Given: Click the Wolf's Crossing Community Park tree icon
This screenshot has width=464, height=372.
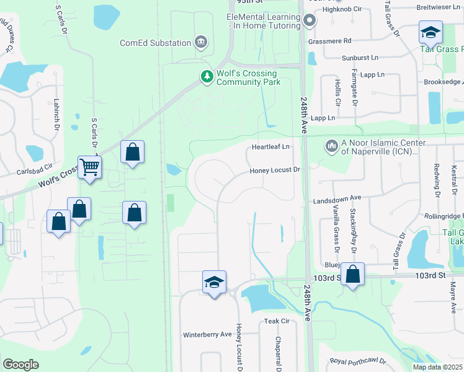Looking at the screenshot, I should pos(207,76).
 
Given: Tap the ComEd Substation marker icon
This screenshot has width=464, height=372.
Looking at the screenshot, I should pos(201,42).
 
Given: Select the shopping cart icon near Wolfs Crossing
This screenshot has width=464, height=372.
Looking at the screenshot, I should pos(90,167).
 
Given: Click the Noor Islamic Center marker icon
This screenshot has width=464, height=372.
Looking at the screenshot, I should pos(331,146).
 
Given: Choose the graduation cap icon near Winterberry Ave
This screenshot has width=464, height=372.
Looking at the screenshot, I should pos(214,283).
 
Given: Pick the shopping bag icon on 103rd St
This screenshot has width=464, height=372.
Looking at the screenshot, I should pos(352,274).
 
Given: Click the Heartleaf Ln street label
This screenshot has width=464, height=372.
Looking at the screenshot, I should pos(270,147).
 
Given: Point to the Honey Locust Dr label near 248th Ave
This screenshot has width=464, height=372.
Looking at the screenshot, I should pos(275,170).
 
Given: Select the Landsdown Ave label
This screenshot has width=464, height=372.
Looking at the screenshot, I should pos(337,197).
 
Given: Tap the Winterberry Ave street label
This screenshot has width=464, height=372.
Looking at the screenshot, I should pos(207,335).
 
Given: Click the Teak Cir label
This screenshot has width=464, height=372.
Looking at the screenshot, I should pos(277,321).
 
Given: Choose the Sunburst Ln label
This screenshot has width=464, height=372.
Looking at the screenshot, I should pos(360,58).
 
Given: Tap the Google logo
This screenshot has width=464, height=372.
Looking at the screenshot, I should pos(20,365).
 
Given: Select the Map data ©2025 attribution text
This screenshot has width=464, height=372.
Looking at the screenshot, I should pos(437,367).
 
